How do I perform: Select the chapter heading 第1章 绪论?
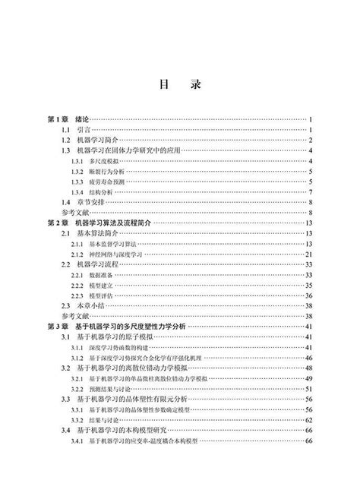point(68,120)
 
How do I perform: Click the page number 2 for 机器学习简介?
point(311,141)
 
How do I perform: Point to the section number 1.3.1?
point(77,162)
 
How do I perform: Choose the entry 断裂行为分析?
point(104,172)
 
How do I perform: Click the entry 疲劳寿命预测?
point(104,182)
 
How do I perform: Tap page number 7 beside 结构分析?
point(311,193)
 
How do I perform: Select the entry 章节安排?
point(92,203)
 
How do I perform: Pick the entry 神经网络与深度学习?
point(116,254)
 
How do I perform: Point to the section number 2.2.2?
point(77,285)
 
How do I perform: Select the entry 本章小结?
point(92,305)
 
